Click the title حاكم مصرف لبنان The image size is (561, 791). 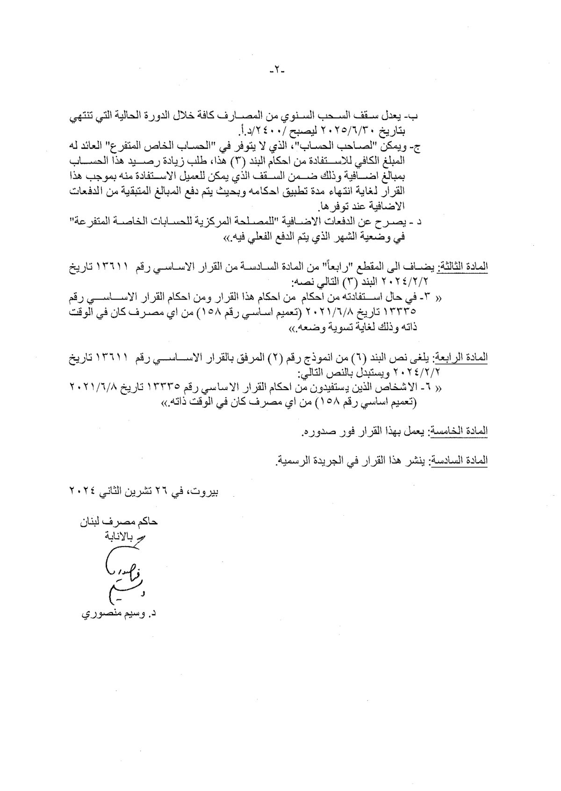(x=119, y=522)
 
